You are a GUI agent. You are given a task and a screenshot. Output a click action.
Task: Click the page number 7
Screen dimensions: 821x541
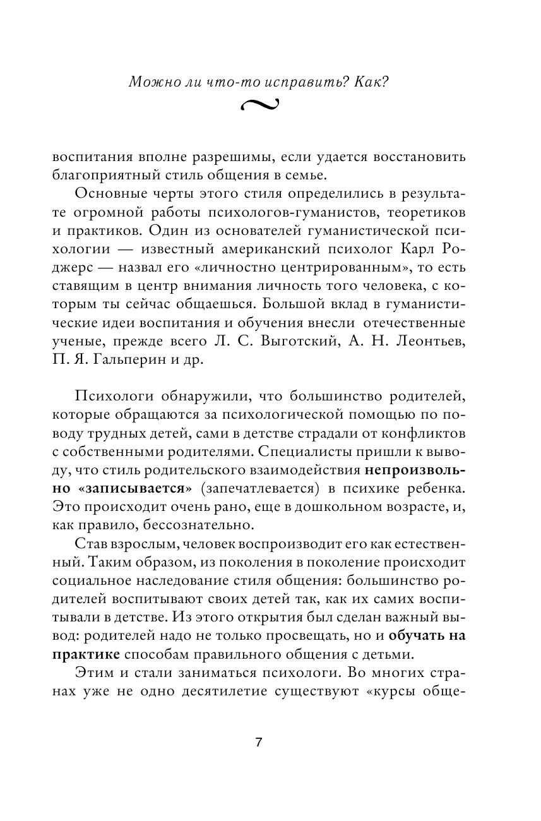point(258,743)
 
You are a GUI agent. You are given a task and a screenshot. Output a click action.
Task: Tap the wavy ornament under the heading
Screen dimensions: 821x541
point(259,105)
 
